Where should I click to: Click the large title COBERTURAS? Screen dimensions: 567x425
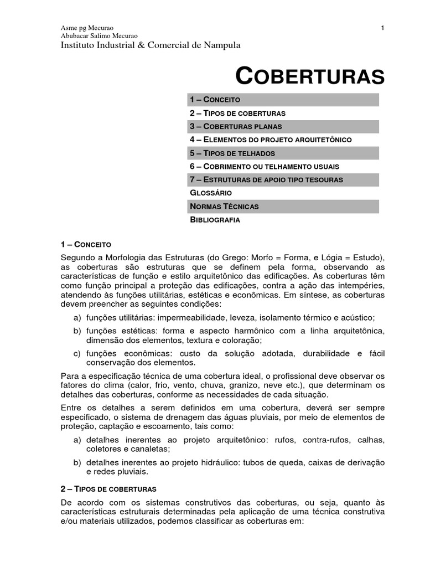pos(310,76)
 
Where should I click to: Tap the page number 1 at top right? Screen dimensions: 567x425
pos(382,28)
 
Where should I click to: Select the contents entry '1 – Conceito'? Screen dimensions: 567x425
pos(215,100)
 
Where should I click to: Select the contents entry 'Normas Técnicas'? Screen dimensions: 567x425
pos(224,206)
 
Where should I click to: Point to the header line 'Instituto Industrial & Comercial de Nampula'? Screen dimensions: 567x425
pos(151,45)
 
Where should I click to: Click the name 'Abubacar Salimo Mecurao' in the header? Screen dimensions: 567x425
pos(99,35)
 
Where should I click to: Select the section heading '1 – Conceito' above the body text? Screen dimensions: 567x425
pos(86,244)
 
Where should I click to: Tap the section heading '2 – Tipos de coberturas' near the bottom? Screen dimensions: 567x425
pos(108,489)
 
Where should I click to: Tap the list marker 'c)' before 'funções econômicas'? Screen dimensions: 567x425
pos(77,353)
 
